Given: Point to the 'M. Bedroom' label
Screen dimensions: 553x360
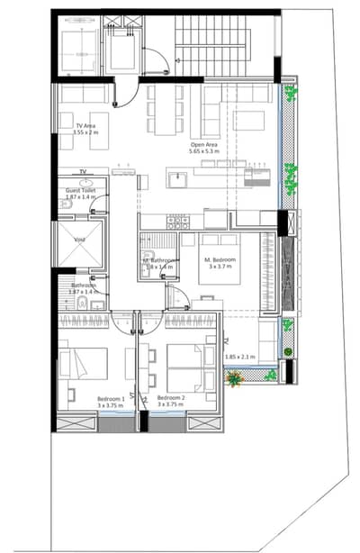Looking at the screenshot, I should (x=220, y=258).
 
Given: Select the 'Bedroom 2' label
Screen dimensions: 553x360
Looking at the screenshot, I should (x=171, y=397).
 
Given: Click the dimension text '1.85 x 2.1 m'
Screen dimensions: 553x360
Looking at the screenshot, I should (x=240, y=358).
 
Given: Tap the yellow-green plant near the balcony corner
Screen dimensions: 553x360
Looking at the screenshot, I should (x=235, y=380).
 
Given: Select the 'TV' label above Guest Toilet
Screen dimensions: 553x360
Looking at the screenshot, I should (x=83, y=170).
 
